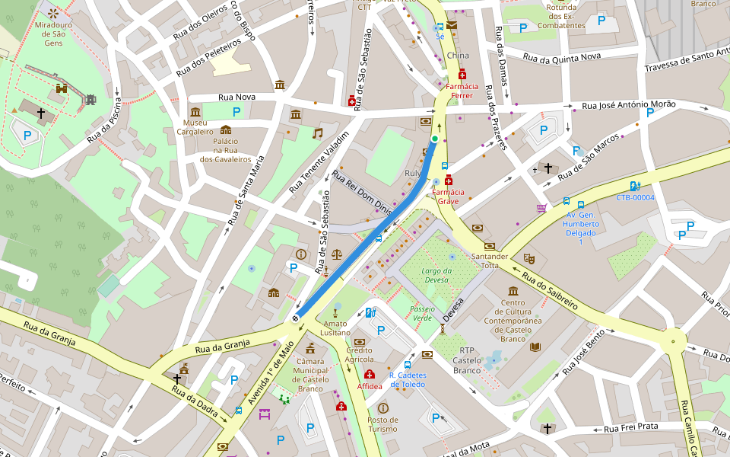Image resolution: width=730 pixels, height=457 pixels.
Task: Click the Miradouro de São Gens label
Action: pos(54,34)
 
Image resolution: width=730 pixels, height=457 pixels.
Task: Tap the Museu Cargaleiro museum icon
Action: pos(195,111)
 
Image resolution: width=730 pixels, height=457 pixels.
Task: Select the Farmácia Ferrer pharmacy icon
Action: pos(462,74)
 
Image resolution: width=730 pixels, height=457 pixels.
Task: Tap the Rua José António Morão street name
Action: pos(628,105)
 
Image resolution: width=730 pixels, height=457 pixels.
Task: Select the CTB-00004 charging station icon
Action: pos(635,185)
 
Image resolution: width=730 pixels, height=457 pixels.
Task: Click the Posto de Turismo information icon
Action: pos(382,408)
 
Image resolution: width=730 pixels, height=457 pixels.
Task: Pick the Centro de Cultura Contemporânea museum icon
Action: pos(513,291)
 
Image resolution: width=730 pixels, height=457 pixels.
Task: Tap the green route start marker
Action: pos(435,139)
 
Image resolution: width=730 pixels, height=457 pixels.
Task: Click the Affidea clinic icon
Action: pos(370,375)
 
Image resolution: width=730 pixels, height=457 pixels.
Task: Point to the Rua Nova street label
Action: pos(236,97)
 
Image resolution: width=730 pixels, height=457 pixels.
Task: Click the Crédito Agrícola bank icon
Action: pos(359,342)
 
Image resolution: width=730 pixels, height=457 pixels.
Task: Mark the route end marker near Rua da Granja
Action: pos(296,318)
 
